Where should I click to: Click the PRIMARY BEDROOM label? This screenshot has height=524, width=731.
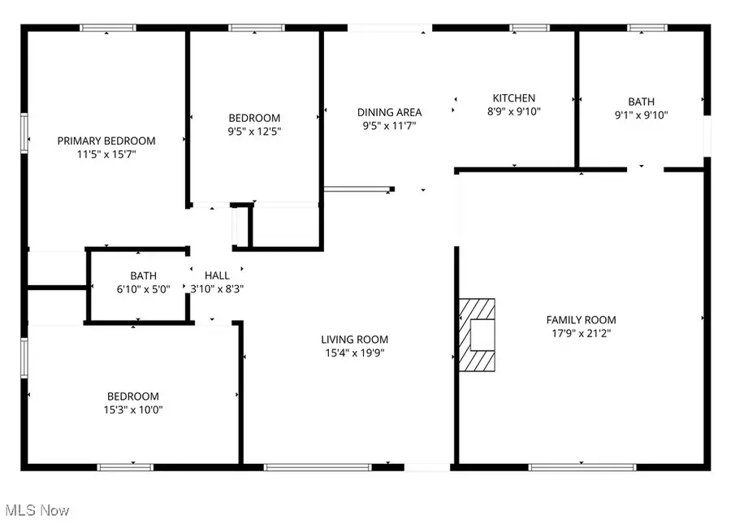coord(106,141)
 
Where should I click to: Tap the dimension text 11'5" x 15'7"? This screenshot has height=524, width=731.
coord(106,154)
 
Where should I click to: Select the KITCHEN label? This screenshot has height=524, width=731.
coord(514,98)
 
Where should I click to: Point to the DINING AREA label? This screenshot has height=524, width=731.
coord(390,112)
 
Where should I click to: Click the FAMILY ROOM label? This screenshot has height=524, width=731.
coord(581,320)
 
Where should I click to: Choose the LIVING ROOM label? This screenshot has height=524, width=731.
coord(354,340)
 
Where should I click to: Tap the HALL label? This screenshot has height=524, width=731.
coord(217,275)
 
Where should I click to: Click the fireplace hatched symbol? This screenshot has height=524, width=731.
coord(477,334)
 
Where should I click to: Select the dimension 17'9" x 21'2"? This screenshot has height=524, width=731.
coord(581,333)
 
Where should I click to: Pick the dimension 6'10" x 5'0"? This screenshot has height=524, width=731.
coord(143,288)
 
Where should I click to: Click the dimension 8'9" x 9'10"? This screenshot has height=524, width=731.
coord(514,111)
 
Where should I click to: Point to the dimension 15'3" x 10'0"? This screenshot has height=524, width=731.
coord(132,409)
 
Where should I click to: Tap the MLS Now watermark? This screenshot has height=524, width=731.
coord(37,510)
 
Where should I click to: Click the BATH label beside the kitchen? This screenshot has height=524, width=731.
coord(641,102)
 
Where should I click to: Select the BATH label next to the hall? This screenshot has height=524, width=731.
coord(143,275)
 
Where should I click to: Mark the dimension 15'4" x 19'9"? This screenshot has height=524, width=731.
coord(354,353)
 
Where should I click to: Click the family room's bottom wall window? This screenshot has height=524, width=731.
coord(582,467)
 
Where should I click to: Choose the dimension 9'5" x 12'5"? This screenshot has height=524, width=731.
coord(254,131)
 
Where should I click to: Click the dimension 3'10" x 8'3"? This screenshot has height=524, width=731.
coord(217,288)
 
